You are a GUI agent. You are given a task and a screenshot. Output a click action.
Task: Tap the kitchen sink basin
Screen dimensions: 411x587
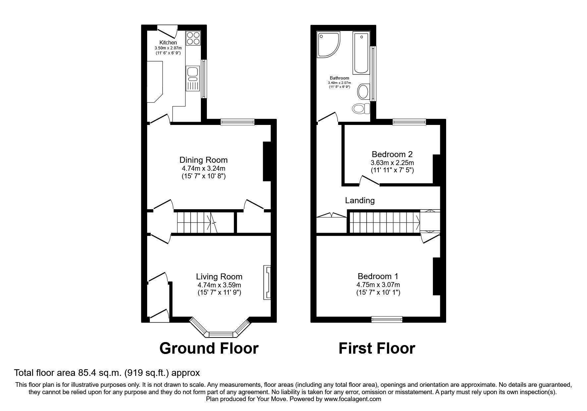192,72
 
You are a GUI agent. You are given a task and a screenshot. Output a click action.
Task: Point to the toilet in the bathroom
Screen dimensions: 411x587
361,108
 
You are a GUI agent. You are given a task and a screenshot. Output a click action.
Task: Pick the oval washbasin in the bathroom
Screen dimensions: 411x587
363,91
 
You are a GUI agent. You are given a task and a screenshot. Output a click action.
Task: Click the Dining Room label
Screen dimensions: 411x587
203,160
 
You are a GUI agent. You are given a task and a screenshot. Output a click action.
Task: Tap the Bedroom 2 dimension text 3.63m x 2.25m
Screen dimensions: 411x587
392,163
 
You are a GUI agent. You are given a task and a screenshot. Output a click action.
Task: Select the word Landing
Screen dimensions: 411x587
360,201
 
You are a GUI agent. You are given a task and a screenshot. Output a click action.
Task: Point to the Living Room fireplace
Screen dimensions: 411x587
267,282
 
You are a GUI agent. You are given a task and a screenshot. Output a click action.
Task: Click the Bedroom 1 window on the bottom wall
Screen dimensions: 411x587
387,320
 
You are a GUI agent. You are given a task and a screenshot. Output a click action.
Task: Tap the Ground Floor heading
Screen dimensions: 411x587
209,348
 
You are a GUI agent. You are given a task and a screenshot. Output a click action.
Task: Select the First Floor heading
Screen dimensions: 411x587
377,348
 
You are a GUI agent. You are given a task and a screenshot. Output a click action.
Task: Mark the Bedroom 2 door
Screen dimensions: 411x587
369,181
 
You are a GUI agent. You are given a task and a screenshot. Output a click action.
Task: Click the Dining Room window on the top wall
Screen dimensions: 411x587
238,122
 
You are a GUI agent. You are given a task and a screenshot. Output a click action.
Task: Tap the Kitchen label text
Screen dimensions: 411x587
168,43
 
